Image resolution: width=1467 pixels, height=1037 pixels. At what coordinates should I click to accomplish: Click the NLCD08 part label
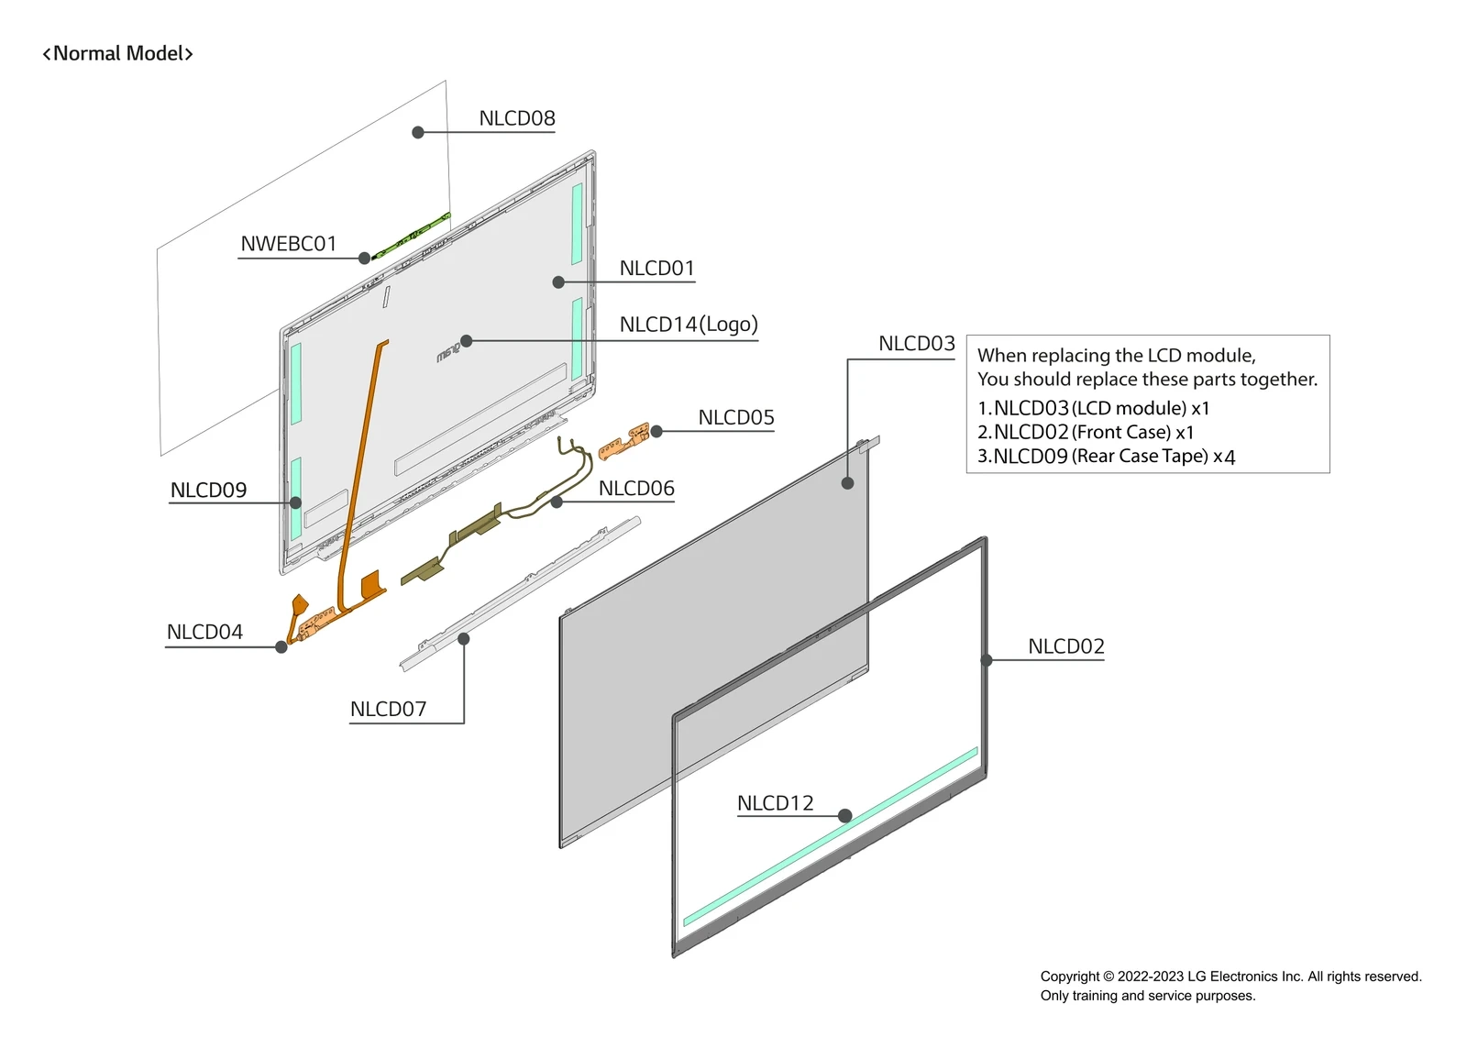(x=516, y=118)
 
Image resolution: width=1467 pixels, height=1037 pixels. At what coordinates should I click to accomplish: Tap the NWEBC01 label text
(x=288, y=244)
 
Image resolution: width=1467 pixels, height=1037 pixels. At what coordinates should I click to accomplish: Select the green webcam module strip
(x=410, y=237)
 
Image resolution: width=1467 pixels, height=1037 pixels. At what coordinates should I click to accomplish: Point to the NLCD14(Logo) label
(x=688, y=325)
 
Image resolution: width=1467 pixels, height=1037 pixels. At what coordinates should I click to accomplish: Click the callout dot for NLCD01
(x=558, y=282)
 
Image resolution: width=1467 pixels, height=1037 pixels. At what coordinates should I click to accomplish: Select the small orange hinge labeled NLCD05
(x=624, y=441)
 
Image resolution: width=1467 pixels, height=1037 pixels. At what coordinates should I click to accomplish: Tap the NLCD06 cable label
(x=635, y=489)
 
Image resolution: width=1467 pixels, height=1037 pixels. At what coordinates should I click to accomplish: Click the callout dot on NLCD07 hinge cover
(x=464, y=639)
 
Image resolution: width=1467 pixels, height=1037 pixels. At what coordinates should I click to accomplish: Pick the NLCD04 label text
(x=204, y=633)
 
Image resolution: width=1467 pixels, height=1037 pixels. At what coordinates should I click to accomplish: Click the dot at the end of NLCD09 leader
(x=295, y=502)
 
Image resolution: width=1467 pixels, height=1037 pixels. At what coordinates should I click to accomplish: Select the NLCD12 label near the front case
(x=775, y=803)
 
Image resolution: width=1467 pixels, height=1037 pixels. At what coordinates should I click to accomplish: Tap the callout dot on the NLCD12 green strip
(x=845, y=816)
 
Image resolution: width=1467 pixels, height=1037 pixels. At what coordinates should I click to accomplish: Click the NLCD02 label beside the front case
(x=1065, y=646)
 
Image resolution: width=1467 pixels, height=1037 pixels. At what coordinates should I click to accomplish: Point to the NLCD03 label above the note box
(x=916, y=344)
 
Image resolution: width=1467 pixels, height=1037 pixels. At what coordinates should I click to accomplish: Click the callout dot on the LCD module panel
(x=847, y=483)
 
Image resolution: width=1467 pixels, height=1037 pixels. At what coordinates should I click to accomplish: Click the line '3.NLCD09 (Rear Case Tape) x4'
(x=1106, y=457)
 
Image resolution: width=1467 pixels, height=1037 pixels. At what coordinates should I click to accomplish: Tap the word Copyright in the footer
(x=1069, y=976)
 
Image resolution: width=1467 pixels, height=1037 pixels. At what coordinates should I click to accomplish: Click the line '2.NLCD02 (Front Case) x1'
(x=1086, y=433)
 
